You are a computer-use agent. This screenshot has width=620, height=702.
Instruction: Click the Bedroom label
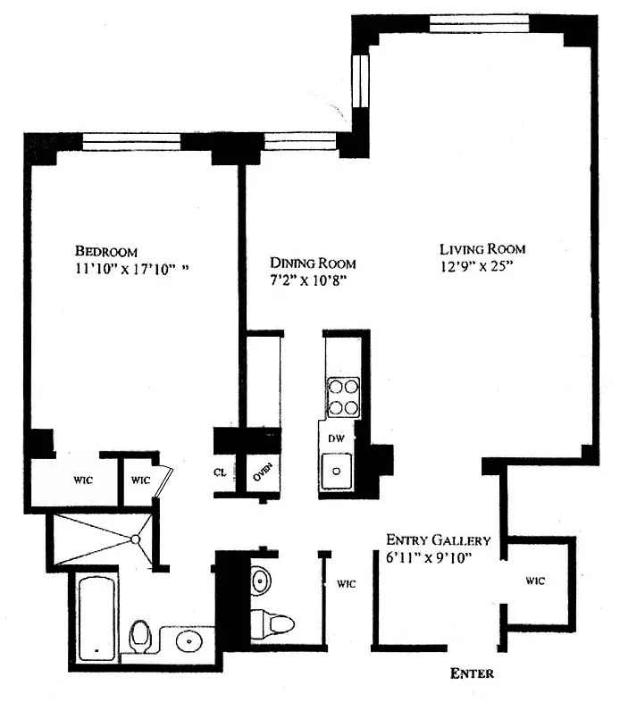[x=106, y=251]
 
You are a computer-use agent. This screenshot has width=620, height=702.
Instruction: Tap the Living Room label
[x=482, y=249]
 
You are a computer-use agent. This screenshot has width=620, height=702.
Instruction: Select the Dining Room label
[x=313, y=263]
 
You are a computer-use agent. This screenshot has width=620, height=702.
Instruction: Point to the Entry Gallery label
[x=438, y=540]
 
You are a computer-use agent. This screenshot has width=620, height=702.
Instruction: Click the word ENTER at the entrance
[x=472, y=673]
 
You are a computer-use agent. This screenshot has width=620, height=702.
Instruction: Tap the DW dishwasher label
[x=336, y=439]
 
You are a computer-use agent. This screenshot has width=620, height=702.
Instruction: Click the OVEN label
[x=263, y=472]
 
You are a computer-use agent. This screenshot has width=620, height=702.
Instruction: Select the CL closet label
[x=220, y=472]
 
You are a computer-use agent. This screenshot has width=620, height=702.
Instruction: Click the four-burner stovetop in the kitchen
[x=343, y=397]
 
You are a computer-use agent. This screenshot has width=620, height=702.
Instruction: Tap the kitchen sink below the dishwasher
[x=336, y=471]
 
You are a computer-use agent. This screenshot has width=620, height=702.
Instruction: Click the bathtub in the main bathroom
[x=96, y=619]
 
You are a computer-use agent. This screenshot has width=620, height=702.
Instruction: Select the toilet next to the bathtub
[x=140, y=636]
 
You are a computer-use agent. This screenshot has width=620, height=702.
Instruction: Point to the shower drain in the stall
[x=135, y=539]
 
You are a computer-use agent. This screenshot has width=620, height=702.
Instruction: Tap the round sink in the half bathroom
[x=260, y=581]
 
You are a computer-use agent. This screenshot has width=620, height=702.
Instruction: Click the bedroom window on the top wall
[x=131, y=142]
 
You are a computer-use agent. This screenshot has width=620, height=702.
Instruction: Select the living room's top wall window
[x=480, y=24]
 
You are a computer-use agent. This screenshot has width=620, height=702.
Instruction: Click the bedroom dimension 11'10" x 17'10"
[x=131, y=269]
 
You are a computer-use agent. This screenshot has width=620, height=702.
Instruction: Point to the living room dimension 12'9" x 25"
[x=476, y=266]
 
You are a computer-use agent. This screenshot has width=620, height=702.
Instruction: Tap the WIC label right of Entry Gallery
[x=535, y=581]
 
